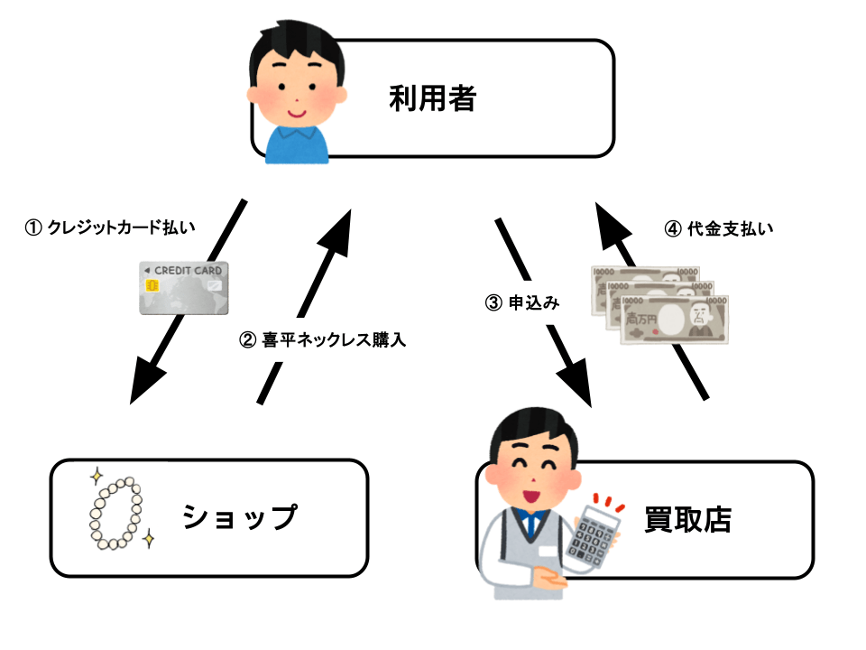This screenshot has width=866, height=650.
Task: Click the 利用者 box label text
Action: click(x=432, y=97)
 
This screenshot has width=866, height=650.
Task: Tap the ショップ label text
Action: click(x=239, y=517)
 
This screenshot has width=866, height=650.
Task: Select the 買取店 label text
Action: click(x=687, y=519)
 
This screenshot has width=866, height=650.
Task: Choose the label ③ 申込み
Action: click(x=522, y=303)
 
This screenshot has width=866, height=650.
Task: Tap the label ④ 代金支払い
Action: click(x=718, y=228)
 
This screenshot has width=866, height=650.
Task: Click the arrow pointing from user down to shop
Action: click(x=187, y=302)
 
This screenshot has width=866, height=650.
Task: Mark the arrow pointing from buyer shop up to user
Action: click(x=651, y=302)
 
